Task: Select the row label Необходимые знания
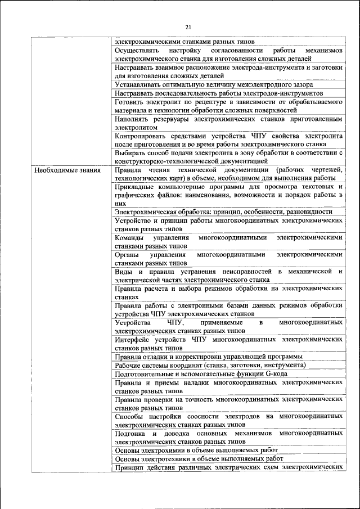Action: point(67,170)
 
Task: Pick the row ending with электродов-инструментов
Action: point(218,93)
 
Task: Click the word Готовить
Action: point(129,102)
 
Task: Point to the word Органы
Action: point(128,254)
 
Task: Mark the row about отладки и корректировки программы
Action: point(208,357)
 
